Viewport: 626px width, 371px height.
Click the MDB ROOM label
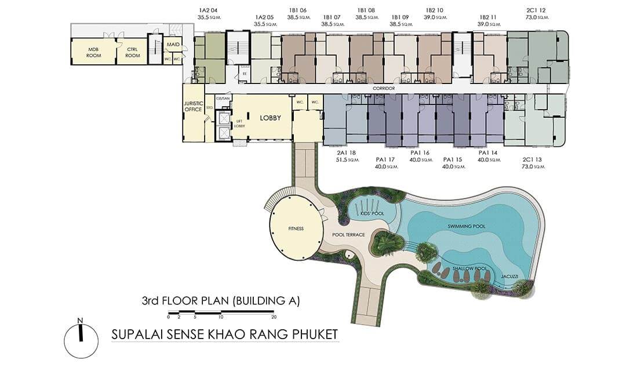click(x=94, y=52)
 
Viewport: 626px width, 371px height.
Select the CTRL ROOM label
click(x=133, y=52)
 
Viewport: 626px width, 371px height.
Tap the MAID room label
click(x=173, y=44)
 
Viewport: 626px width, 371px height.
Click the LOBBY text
click(x=270, y=118)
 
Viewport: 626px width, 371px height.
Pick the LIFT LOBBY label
click(x=238, y=122)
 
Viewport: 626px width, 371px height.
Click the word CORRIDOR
click(x=384, y=88)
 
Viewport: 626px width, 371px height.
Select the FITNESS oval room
click(x=296, y=228)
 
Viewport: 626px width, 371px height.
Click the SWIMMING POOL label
click(x=467, y=225)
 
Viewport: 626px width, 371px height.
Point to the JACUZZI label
click(x=509, y=277)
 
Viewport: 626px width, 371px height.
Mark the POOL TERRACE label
click(x=348, y=235)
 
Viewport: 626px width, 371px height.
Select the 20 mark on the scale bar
click(x=274, y=317)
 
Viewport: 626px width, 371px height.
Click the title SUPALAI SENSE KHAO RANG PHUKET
click(x=224, y=334)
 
